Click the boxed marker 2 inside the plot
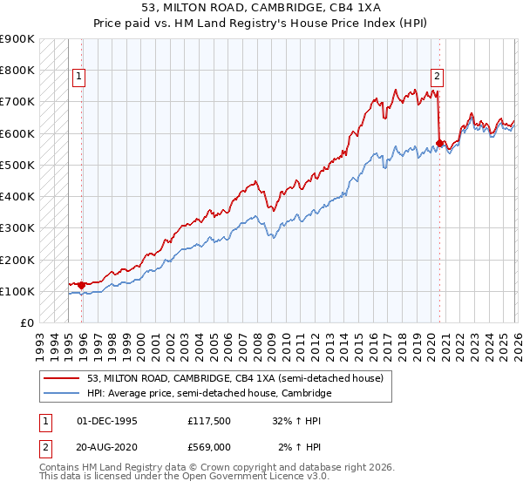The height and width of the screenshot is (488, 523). coord(437,76)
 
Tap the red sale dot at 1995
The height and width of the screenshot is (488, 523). coord(82,285)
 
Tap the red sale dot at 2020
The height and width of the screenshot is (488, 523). coord(439,143)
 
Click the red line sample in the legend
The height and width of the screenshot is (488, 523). coord(62,378)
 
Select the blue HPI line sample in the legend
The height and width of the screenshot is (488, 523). coord(62,394)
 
